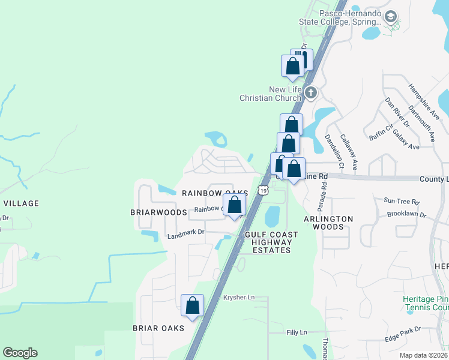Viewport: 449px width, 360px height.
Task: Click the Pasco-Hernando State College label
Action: [340, 17]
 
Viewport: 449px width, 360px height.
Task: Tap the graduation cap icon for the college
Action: [391, 17]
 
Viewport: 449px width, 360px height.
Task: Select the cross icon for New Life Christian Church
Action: [310, 92]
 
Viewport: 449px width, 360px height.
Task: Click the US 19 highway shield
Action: [264, 190]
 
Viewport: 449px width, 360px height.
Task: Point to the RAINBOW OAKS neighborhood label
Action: [215, 193]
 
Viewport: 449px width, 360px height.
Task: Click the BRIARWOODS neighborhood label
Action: [158, 212]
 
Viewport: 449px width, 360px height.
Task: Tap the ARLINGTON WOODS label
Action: [328, 223]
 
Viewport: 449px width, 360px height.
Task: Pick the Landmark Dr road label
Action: [186, 232]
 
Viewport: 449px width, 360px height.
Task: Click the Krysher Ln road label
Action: [239, 297]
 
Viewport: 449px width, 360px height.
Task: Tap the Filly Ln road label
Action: [297, 332]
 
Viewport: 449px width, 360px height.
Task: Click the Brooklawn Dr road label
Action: [406, 214]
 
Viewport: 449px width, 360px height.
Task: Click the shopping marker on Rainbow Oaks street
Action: [234, 205]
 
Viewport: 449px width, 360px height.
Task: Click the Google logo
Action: [20, 353]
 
